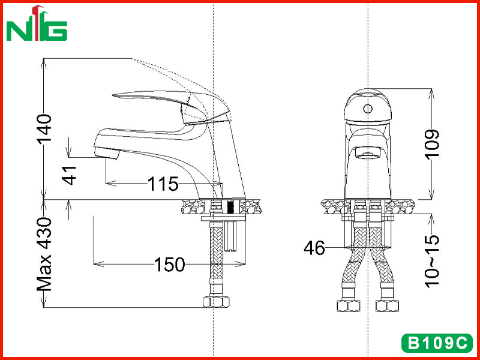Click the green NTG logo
37,23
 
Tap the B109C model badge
437,343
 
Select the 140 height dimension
44,129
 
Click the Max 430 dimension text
44,254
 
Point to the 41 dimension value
70,175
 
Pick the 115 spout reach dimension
163,184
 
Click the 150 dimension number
170,264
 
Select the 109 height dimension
432,144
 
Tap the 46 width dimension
314,248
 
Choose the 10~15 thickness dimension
432,261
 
